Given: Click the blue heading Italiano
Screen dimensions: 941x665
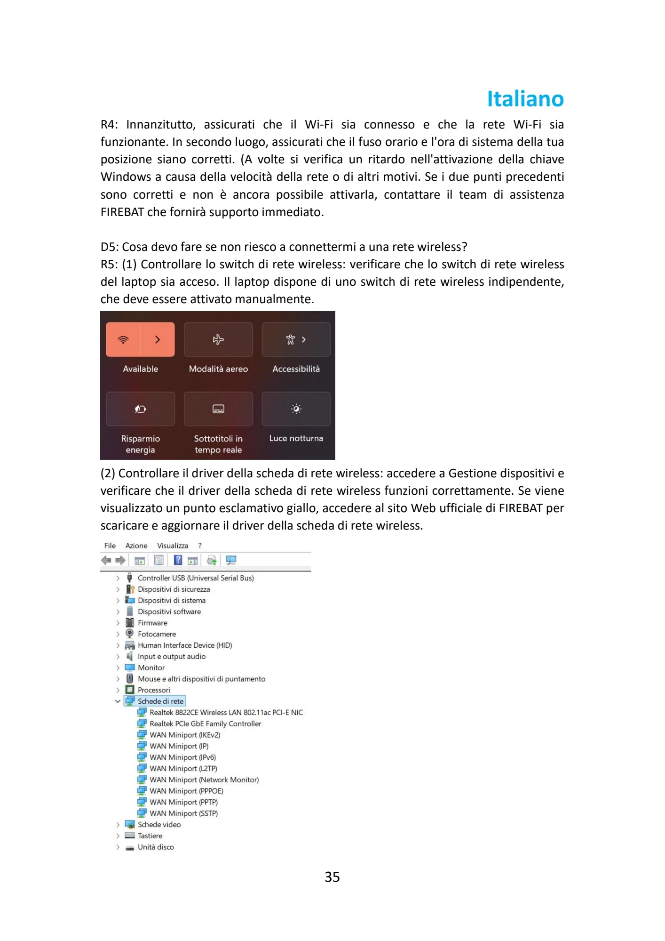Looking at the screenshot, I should tap(525, 99).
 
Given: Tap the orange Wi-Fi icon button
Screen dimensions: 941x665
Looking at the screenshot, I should tap(123, 339).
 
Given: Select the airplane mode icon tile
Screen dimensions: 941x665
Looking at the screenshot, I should tap(218, 339).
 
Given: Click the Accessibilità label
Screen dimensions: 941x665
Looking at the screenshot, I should tap(296, 369).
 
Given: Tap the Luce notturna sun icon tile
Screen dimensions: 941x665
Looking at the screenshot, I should tap(296, 409).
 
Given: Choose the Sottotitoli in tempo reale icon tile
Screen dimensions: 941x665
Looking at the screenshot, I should tap(218, 409).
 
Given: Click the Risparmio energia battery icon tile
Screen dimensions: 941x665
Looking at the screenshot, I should tap(140, 409).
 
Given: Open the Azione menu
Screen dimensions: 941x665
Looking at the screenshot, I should tap(136, 546).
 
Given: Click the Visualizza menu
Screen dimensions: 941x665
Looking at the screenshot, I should tap(172, 546).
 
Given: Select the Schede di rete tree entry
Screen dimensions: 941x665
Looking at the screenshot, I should tap(160, 701).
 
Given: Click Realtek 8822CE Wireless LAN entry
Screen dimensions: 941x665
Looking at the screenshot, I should tap(226, 713).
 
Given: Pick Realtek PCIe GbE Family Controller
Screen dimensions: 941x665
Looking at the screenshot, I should tap(205, 724).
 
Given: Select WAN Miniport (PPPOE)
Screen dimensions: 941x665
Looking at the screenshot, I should tap(186, 791).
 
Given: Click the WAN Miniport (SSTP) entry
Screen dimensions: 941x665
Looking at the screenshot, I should tap(183, 813).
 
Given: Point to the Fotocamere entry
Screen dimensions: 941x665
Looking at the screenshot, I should tap(157, 634).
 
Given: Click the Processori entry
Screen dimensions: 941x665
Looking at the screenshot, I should tap(154, 690).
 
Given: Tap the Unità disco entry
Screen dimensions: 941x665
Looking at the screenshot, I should tap(156, 847).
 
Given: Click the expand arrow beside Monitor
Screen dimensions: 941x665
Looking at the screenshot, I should tap(118, 668).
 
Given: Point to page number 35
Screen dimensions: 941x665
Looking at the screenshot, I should tap(332, 877).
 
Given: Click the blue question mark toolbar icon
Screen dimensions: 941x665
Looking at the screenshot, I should tap(178, 560).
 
